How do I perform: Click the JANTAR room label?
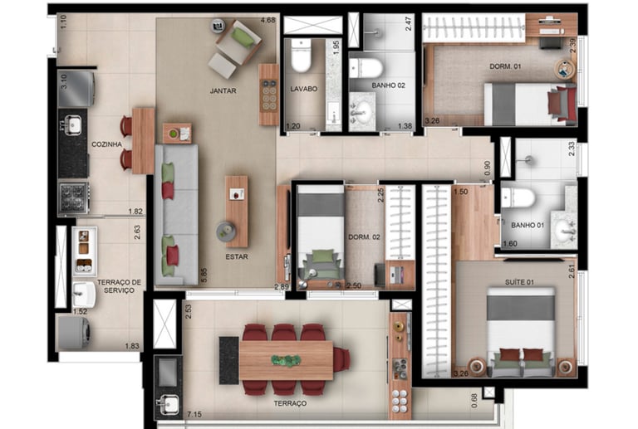click(223, 90)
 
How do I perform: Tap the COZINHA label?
click(106, 144)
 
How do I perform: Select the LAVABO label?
click(303, 89)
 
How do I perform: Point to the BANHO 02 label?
click(388, 85)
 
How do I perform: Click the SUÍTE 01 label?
click(519, 282)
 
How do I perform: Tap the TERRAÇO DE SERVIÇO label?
click(119, 286)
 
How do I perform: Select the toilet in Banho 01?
click(518, 197)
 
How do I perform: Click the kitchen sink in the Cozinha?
click(73, 124)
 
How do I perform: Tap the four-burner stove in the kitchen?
click(74, 197)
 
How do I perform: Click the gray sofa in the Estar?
click(177, 215)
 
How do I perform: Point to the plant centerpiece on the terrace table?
click(287, 360)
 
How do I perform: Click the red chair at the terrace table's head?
click(341, 359)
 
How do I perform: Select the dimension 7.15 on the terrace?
click(194, 414)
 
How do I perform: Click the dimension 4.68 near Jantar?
click(268, 20)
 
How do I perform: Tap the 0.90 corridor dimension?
click(488, 168)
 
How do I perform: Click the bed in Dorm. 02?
click(321, 233)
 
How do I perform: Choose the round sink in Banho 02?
click(361, 110)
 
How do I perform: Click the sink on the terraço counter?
click(168, 404)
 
